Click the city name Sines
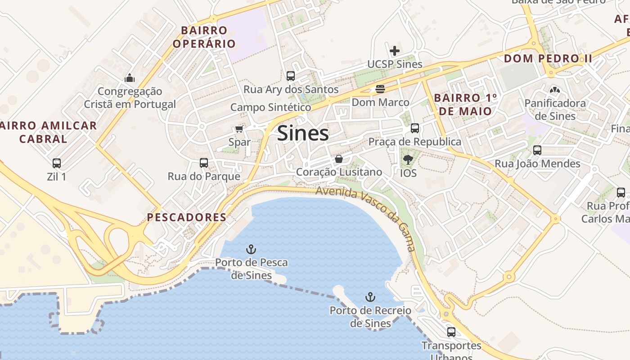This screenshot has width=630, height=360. [303, 134]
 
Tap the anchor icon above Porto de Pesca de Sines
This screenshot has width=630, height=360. [251, 249]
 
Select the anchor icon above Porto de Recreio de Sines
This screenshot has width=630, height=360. [370, 297]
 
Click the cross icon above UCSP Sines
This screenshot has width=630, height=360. [395, 51]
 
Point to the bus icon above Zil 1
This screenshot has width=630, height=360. [57, 163]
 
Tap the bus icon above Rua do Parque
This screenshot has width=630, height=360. [204, 162]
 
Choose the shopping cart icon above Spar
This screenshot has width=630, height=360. [239, 129]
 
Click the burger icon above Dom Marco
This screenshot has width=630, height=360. [380, 89]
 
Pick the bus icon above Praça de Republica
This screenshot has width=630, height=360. [414, 128]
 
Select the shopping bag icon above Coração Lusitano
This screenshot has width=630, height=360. [339, 159]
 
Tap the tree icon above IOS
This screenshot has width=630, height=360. [408, 159]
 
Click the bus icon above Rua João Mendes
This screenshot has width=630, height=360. [537, 150]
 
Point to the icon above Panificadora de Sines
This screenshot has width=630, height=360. [555, 90]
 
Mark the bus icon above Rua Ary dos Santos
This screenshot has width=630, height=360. [291, 76]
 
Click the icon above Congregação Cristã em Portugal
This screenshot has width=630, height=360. [130, 78]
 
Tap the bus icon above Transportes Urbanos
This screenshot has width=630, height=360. [451, 332]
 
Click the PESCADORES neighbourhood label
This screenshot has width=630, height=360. [187, 217]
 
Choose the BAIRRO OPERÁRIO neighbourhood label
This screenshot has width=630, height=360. [204, 37]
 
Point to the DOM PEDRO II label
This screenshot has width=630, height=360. [548, 58]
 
